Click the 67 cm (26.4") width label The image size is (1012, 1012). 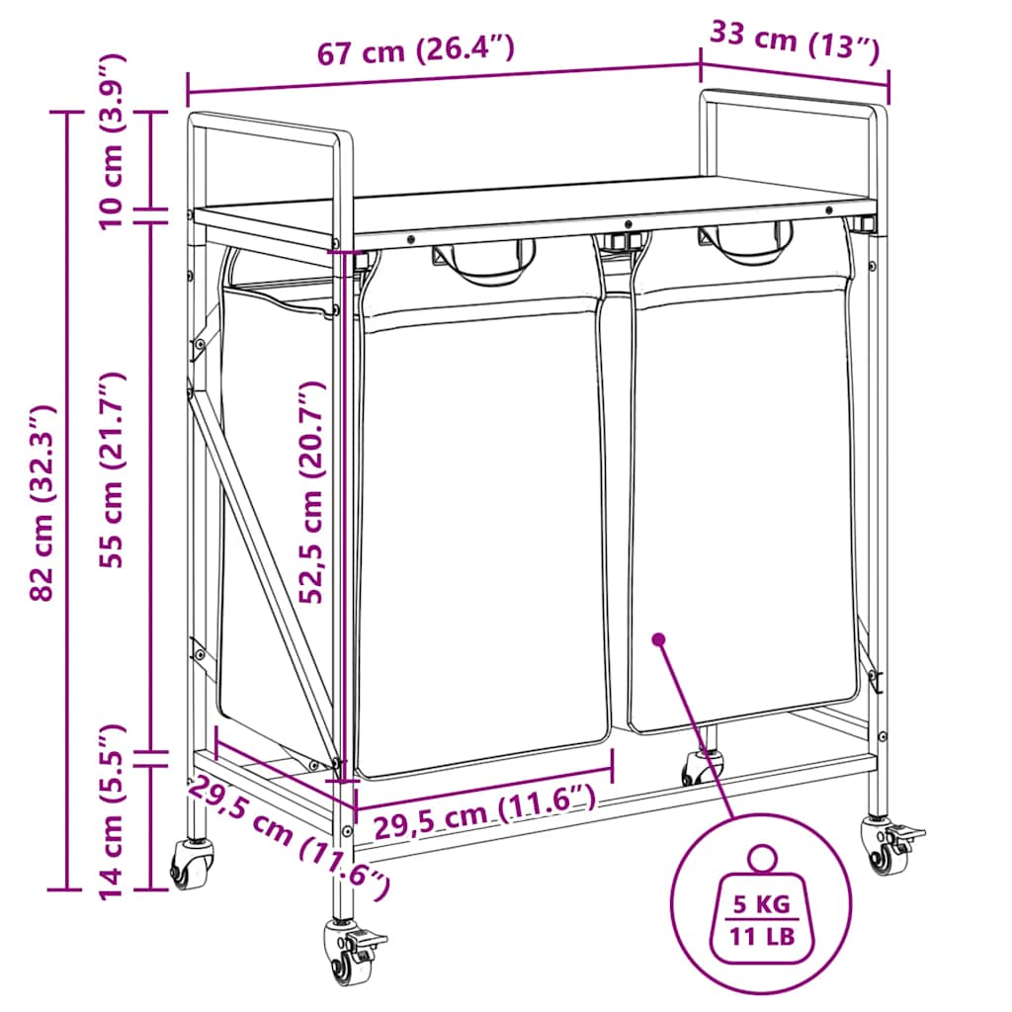coord(416,50)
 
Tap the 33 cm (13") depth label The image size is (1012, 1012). coord(796,42)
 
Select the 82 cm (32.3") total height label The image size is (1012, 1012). coord(43,503)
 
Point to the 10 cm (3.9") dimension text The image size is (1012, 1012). coord(111,141)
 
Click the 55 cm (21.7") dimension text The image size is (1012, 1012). coord(111,469)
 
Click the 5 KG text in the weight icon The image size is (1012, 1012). coord(762,904)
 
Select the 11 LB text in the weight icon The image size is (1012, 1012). coord(762,936)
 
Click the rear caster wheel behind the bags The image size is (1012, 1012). coord(703,767)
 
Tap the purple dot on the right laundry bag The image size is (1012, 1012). coord(658,639)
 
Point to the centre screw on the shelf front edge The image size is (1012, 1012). coord(628,224)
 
